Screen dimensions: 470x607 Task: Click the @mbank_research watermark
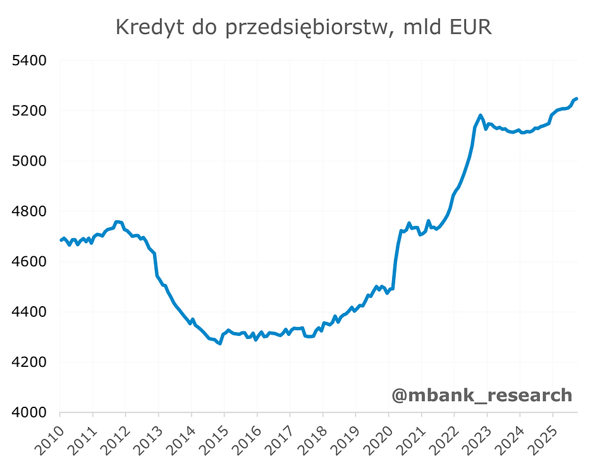482,395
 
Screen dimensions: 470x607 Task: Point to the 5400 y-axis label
30,61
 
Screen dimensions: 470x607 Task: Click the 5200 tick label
30,111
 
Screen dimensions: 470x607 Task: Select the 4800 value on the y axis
30,211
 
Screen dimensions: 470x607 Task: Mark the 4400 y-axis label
30,312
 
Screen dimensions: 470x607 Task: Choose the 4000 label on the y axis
30,412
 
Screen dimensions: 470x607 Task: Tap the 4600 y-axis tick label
30,261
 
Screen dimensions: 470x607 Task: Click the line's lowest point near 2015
219,343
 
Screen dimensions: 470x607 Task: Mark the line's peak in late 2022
481,115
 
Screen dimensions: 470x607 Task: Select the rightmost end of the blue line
577,99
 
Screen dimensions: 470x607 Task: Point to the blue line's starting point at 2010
61,240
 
